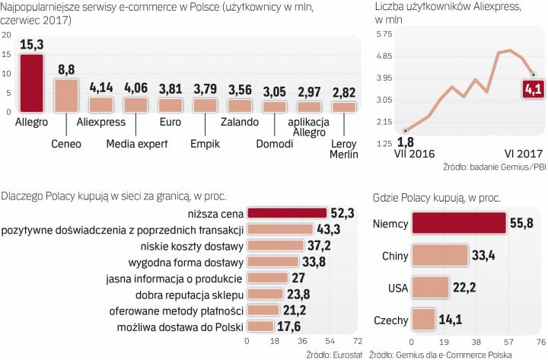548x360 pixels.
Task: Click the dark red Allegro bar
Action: pos(31,83)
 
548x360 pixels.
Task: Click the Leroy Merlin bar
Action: pos(343,107)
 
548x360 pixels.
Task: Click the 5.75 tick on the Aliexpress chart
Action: pos(383,35)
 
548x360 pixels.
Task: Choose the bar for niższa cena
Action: pos(288,214)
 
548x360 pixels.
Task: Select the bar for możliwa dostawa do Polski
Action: pos(261,327)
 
